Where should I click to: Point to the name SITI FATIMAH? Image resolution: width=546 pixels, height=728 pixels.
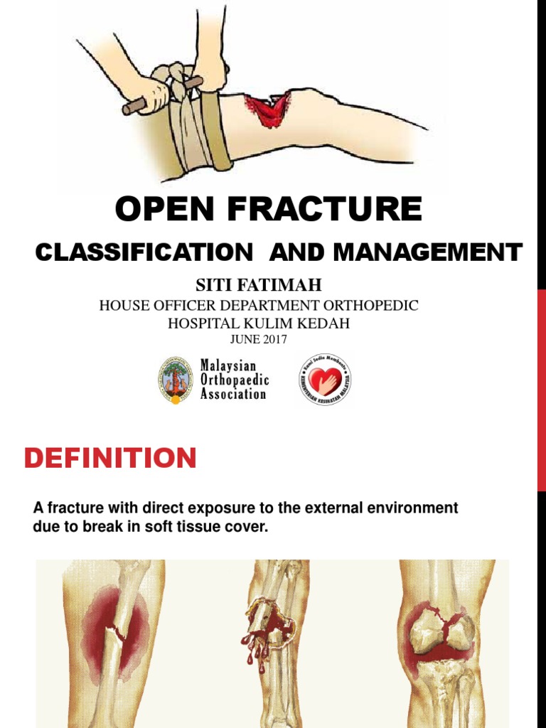[259, 285]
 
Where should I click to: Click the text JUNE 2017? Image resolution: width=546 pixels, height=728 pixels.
[259, 339]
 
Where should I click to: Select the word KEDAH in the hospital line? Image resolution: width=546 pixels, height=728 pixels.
[328, 323]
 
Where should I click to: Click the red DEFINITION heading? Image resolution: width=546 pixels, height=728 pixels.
[110, 459]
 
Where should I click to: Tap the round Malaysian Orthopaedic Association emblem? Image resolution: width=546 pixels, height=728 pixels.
[175, 378]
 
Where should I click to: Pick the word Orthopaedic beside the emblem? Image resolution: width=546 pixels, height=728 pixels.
[235, 380]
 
